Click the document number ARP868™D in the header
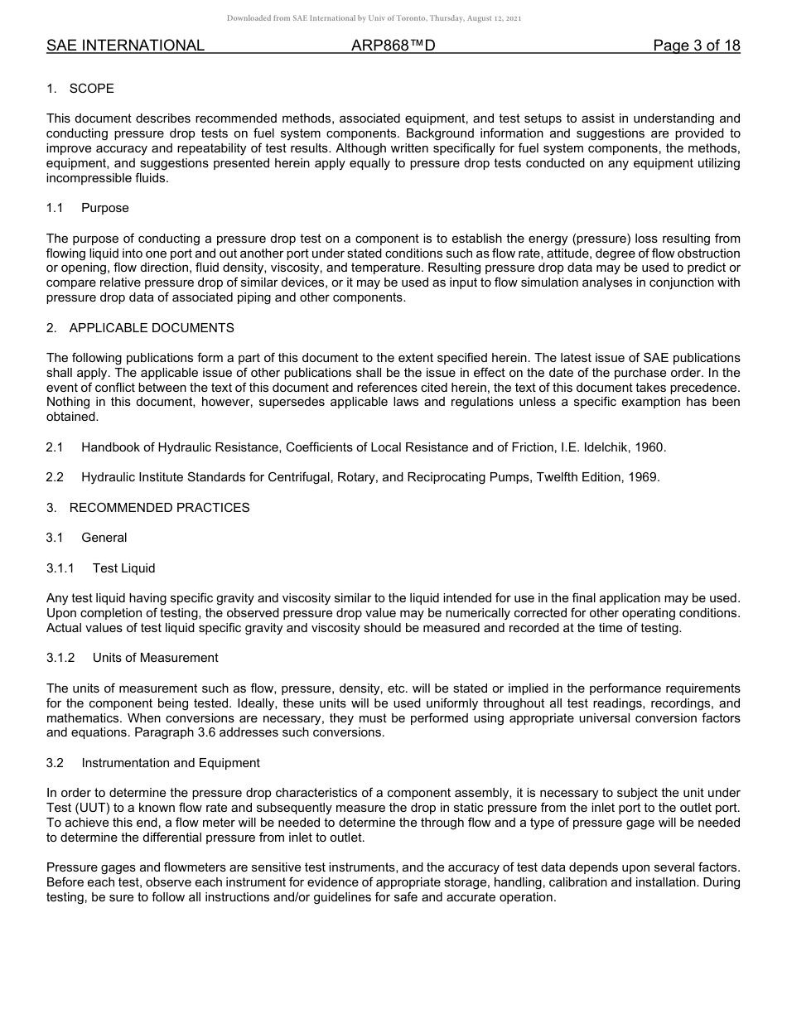pyautogui.click(x=393, y=46)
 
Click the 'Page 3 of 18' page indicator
pyautogui.click(x=696, y=46)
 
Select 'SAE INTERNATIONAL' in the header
pyautogui.click(x=125, y=46)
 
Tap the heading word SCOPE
pyautogui.click(x=92, y=89)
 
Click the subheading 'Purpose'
pyautogui.click(x=105, y=208)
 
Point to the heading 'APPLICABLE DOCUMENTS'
pyautogui.click(x=152, y=328)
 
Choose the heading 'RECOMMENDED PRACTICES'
pyautogui.click(x=159, y=507)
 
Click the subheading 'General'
pyautogui.click(x=104, y=538)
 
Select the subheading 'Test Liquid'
pyautogui.click(x=124, y=568)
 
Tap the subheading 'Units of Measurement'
pyautogui.click(x=156, y=658)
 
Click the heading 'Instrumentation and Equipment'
pyautogui.click(x=171, y=763)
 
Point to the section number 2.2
pyautogui.click(x=55, y=477)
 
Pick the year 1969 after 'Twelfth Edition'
pyautogui.click(x=645, y=477)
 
